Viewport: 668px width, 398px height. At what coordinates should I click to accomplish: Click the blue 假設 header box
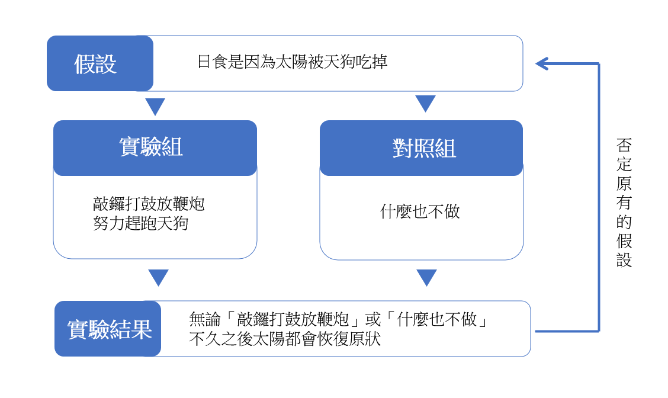pos(100,63)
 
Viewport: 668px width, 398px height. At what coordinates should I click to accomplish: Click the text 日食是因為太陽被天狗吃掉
pos(293,62)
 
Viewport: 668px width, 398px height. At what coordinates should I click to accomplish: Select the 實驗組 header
pos(155,148)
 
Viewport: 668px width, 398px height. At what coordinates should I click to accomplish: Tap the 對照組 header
pos(421,148)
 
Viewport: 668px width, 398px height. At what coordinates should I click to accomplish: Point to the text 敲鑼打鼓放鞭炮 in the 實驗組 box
pos(149,204)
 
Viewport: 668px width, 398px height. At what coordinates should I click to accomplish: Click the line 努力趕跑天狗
pos(140,223)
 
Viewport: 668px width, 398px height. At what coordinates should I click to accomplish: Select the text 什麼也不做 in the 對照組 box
pos(420,211)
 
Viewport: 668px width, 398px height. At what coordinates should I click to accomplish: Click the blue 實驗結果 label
pos(108,329)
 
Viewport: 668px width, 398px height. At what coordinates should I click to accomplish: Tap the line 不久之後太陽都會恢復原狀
pos(285,339)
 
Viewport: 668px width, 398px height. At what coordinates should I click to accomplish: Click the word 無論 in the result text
pos(205,319)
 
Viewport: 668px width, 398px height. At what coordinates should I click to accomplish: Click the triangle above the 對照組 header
pos(425,104)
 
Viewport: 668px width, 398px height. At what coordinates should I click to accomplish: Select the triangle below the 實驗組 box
pos(159,278)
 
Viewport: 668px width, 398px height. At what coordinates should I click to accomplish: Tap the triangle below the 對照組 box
pos(426,278)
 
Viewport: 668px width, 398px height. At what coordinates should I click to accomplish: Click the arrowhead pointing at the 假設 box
pos(542,64)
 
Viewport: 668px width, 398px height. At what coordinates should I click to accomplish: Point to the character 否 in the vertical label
pos(624,145)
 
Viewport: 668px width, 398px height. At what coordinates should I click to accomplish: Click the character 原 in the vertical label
pos(624,184)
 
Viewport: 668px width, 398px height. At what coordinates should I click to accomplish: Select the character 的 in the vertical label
pos(624,222)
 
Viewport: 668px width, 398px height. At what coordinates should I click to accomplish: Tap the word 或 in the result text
pos(373,319)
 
